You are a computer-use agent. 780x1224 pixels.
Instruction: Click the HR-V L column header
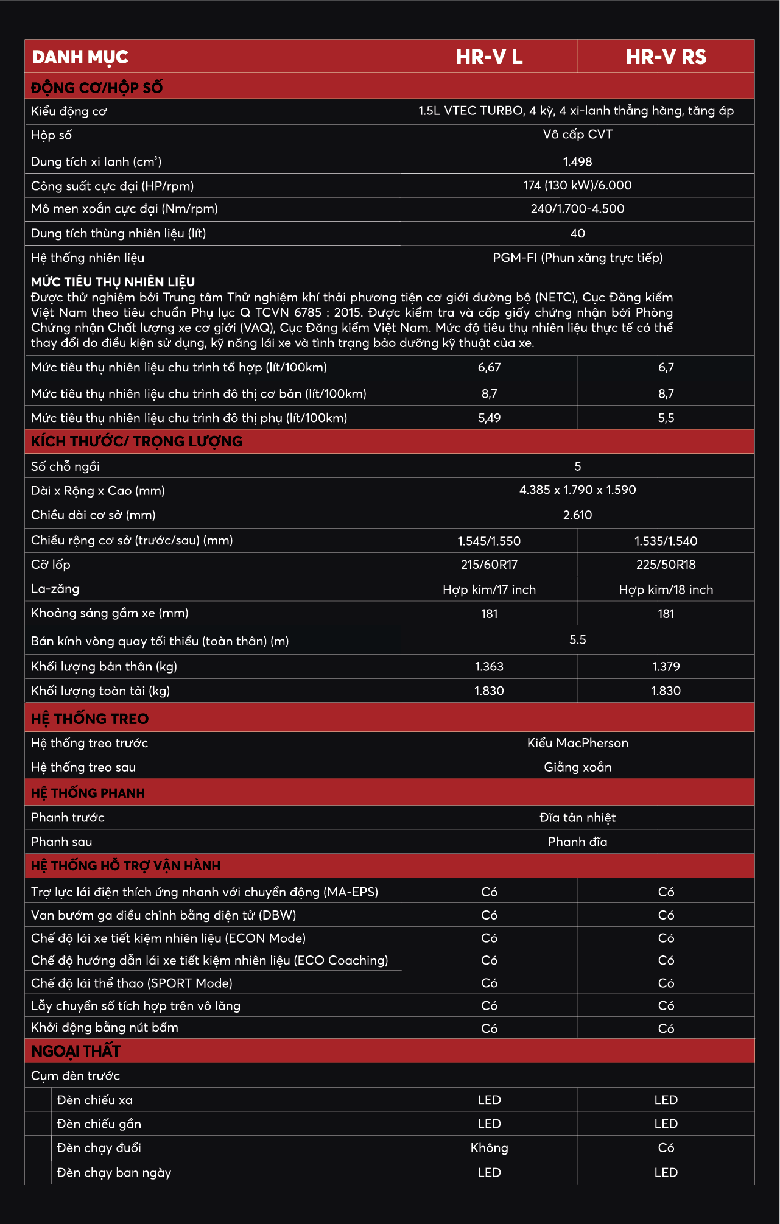(489, 57)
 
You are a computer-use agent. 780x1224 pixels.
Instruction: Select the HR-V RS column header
(666, 57)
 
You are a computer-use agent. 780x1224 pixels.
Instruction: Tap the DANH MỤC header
(80, 57)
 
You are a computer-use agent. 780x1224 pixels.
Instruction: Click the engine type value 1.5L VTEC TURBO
(576, 111)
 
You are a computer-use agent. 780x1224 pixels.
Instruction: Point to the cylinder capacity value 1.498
(577, 161)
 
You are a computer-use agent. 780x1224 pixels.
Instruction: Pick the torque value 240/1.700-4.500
(577, 209)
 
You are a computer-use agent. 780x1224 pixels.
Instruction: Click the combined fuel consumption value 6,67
(489, 367)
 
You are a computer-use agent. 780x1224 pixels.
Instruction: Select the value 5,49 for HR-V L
(489, 418)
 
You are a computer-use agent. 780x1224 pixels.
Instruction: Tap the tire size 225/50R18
(666, 565)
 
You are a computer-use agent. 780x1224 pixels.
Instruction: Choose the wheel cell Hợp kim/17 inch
(489, 589)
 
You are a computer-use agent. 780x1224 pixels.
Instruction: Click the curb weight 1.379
(666, 666)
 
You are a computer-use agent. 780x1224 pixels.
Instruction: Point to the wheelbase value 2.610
(577, 515)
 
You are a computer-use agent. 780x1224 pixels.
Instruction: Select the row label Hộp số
(51, 135)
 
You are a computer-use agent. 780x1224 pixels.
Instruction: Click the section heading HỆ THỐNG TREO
(90, 719)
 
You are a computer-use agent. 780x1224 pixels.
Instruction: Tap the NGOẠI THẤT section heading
(76, 1051)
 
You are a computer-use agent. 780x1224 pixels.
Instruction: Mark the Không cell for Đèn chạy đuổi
(489, 1148)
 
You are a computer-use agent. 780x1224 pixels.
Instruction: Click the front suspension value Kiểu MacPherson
(577, 743)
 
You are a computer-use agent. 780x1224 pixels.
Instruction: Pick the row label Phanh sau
(61, 842)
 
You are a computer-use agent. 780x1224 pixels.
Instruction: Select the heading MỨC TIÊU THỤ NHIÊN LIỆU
(113, 282)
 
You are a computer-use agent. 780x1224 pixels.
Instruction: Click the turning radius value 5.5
(577, 640)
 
